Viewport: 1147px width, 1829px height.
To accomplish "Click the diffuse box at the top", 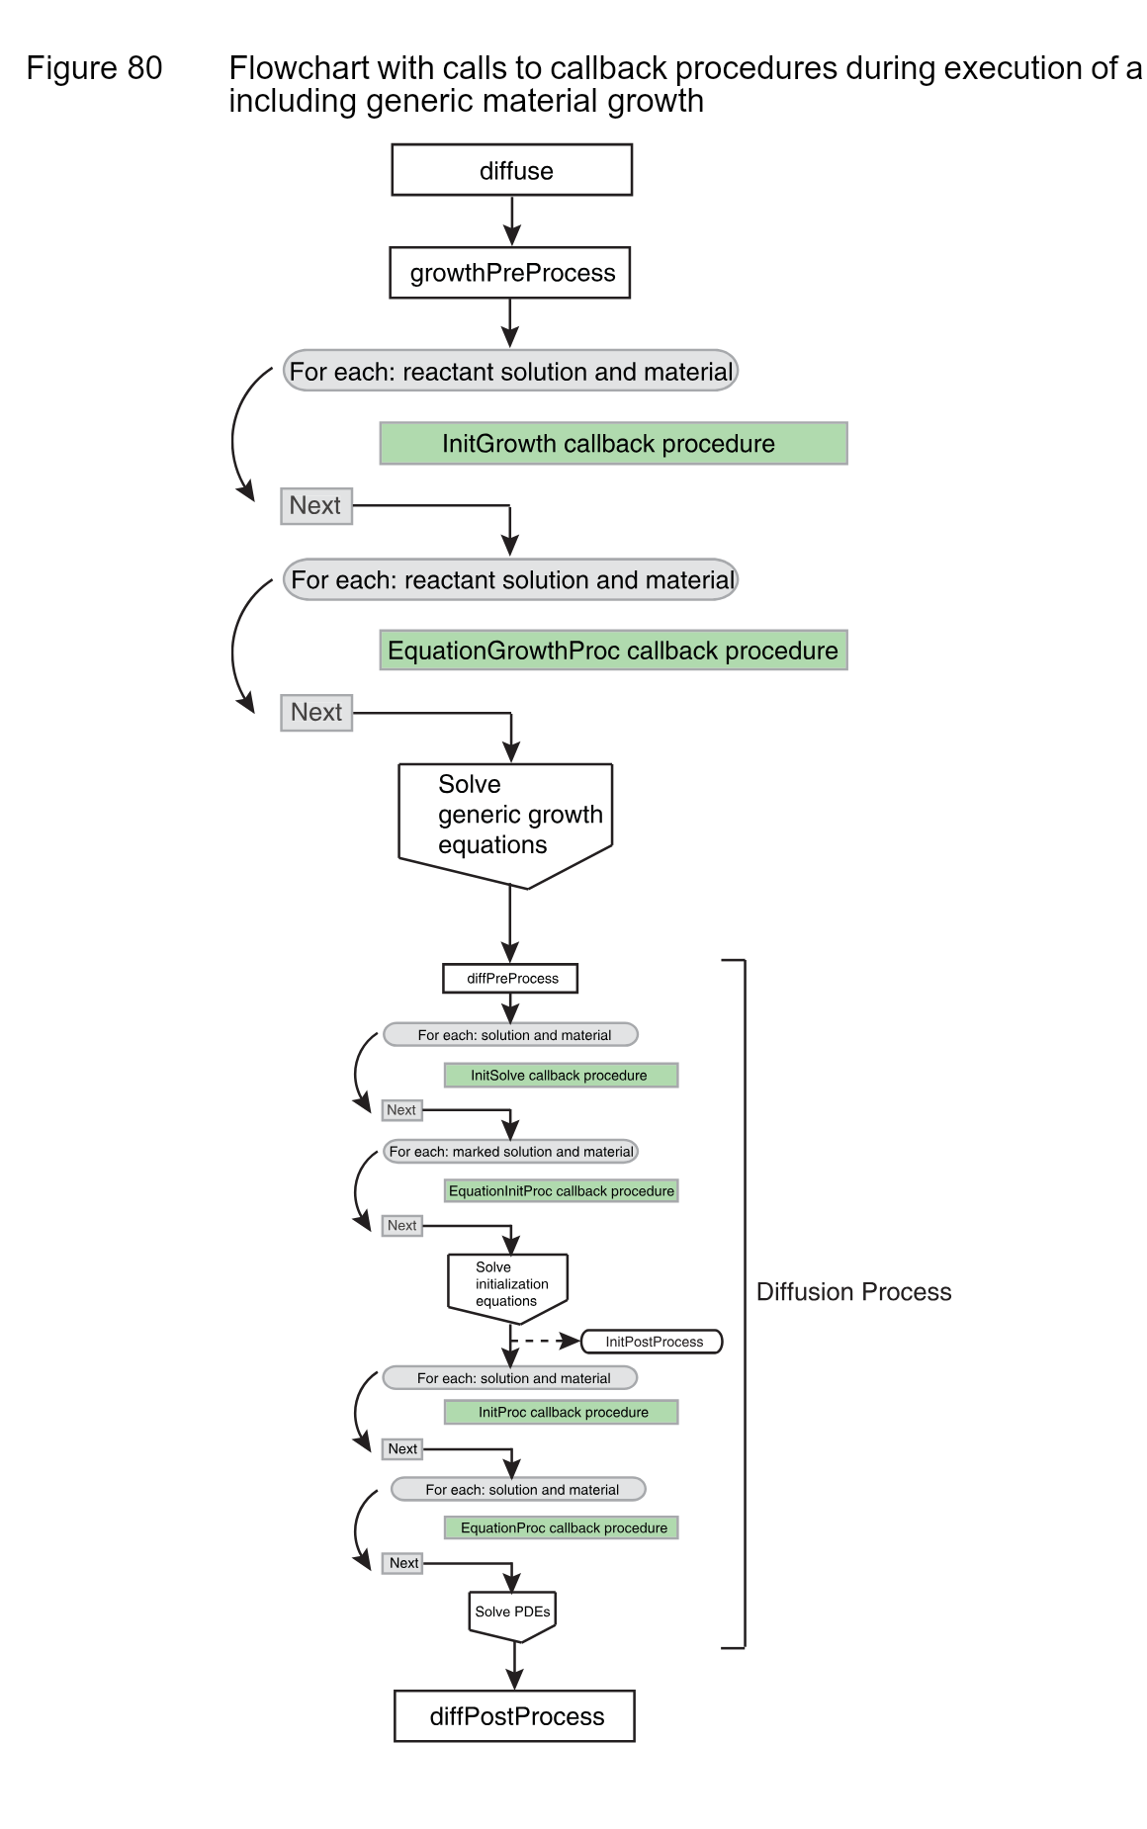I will [511, 170].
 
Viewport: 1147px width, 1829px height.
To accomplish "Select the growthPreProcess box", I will [510, 273].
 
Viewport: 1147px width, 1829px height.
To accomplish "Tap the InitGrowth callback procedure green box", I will [613, 443].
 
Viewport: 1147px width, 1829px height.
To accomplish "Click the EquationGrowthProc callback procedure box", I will [613, 651].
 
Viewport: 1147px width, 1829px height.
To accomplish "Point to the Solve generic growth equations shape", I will [506, 818].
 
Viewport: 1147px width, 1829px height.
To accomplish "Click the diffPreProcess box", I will [510, 979].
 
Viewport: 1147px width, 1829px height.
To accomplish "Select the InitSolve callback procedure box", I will [561, 1076].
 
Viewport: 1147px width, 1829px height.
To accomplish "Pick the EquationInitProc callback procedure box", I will [561, 1191].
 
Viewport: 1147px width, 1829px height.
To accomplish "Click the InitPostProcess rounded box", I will [653, 1342].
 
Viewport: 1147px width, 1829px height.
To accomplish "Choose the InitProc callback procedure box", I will [562, 1413].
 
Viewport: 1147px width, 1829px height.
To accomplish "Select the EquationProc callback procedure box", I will [562, 1528].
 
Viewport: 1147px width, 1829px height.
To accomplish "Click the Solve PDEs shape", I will [512, 1612].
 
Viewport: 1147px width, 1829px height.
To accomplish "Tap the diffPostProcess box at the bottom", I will [514, 1716].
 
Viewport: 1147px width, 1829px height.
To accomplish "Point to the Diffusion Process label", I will [853, 1292].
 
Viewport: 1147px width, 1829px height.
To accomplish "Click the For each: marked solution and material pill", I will [510, 1152].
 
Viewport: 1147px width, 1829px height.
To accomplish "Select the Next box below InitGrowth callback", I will [316, 506].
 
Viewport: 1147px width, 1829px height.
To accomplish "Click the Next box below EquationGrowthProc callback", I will [316, 713].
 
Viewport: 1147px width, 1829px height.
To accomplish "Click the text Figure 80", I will [94, 68].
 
